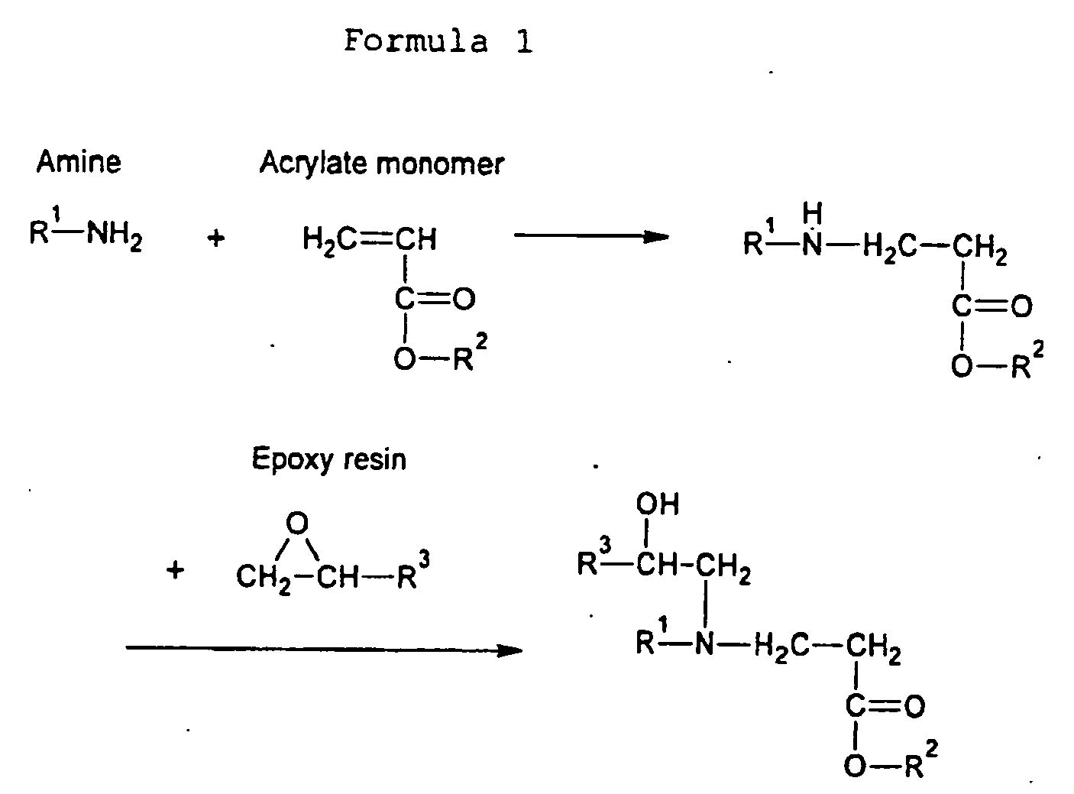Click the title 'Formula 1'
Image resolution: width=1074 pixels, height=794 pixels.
[x=438, y=41]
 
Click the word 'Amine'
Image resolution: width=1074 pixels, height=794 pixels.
[x=79, y=161]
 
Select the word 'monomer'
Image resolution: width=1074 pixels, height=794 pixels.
[x=440, y=165]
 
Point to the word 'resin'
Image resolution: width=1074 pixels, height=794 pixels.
[x=375, y=460]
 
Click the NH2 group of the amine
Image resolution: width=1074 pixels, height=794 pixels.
[x=115, y=235]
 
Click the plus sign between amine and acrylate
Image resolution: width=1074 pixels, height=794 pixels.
[x=216, y=238]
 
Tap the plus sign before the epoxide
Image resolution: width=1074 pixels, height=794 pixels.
[x=175, y=571]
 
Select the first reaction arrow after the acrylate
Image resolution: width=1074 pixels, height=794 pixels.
[x=591, y=236]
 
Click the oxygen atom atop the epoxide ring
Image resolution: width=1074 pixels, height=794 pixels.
[x=297, y=523]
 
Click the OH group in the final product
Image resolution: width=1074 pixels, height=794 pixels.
[x=658, y=504]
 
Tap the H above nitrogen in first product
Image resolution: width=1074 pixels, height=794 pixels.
[x=812, y=214]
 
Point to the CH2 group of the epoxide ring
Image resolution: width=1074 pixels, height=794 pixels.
[x=264, y=578]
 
